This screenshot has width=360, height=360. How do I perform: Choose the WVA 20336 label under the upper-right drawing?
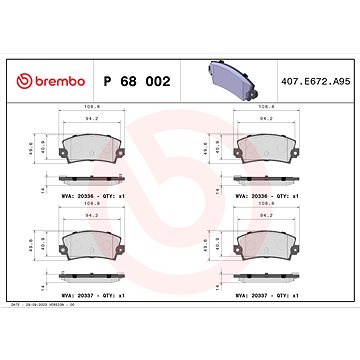coord(266,196)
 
